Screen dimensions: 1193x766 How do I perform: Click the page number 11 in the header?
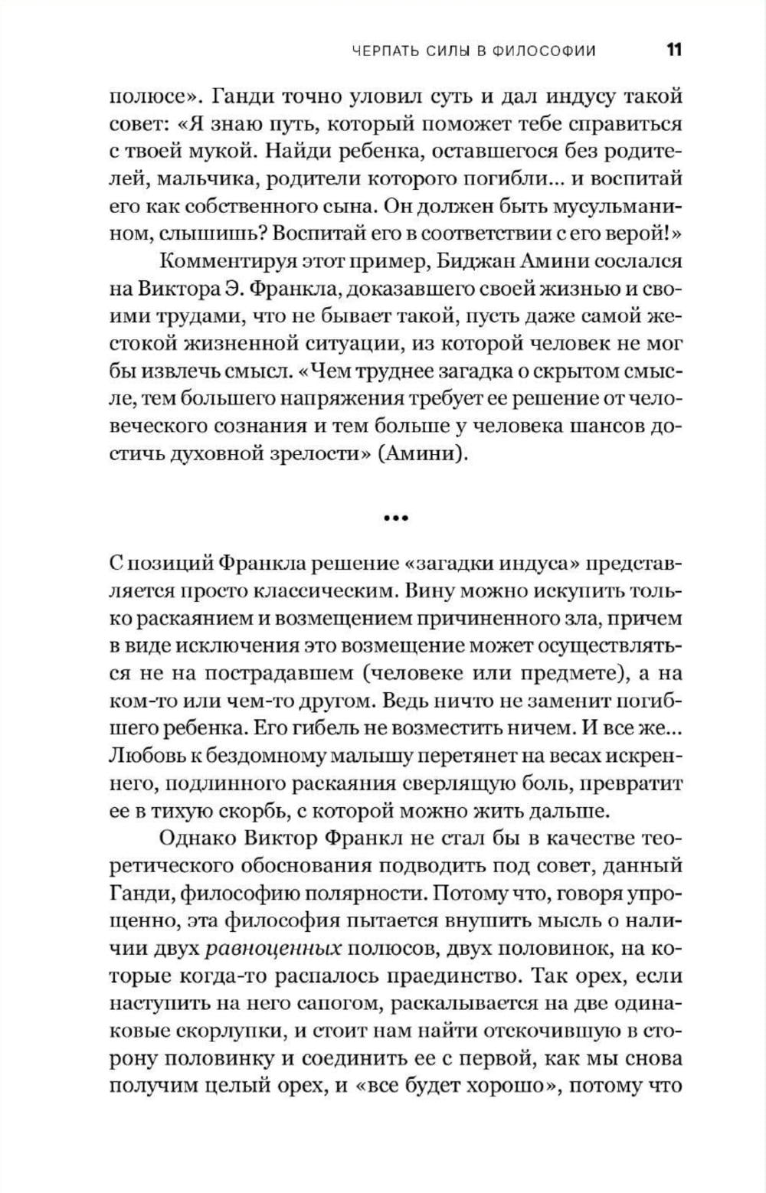pyautogui.click(x=674, y=51)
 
